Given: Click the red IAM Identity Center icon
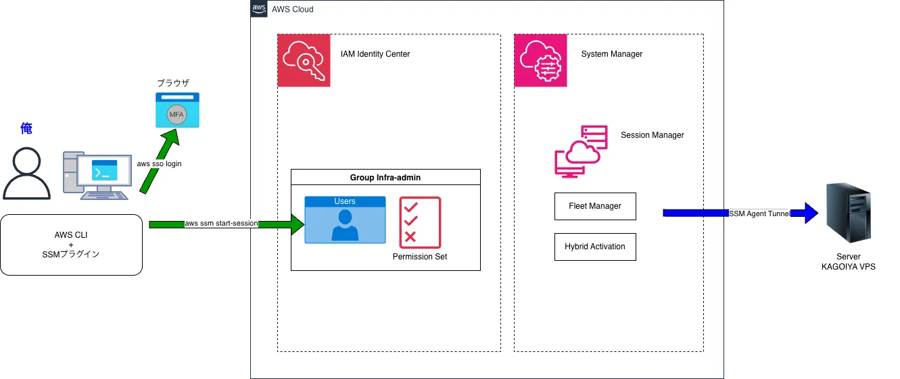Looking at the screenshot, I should [x=304, y=60].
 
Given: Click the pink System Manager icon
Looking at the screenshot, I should [x=540, y=60].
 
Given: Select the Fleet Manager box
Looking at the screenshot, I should [x=595, y=206].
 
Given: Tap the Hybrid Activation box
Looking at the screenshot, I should [x=595, y=247].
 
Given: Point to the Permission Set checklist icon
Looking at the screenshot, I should [x=420, y=222].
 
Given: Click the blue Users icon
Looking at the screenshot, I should [x=345, y=220].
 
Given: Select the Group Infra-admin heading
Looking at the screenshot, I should [x=385, y=177].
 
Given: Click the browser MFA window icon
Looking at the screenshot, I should [x=177, y=109].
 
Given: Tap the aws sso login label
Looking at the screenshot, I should [x=160, y=164].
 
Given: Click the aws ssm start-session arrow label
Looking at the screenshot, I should [x=220, y=224].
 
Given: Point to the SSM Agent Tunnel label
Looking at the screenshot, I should [x=759, y=213].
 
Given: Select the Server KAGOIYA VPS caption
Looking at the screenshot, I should [x=848, y=262].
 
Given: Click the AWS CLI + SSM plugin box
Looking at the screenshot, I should [x=71, y=245].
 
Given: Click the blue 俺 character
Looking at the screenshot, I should [x=26, y=128].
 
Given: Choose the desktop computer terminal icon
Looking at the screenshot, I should [x=96, y=175].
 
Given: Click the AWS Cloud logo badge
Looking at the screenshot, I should [x=259, y=9].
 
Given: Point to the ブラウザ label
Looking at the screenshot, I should [x=173, y=83].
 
